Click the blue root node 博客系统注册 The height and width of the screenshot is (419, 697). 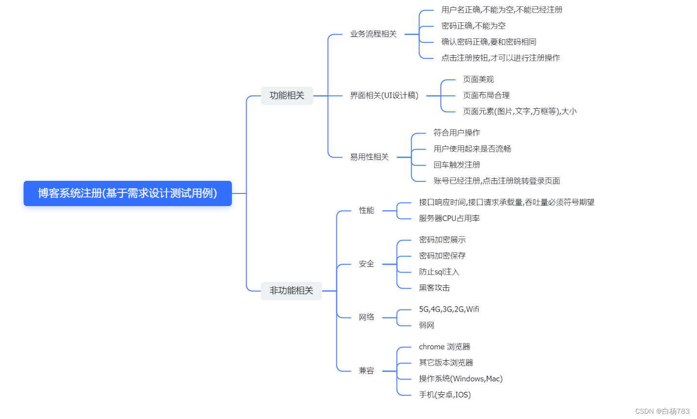[x=128, y=193]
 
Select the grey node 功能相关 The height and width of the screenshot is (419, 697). [x=287, y=96]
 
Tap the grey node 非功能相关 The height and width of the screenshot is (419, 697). [x=291, y=291]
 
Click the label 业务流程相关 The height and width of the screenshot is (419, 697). [x=373, y=34]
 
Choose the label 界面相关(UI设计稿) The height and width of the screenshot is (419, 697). [x=384, y=96]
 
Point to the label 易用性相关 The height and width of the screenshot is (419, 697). [x=369, y=157]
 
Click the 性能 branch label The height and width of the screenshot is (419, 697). [x=366, y=210]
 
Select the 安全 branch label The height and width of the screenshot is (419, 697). [x=366, y=264]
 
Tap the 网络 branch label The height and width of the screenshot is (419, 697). [x=366, y=317]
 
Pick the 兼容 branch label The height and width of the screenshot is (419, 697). [x=366, y=371]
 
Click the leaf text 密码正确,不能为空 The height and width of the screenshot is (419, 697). [x=473, y=26]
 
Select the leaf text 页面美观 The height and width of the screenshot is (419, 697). [x=478, y=80]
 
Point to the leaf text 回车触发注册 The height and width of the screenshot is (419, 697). [x=457, y=165]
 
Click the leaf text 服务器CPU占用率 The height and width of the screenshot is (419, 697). [x=449, y=219]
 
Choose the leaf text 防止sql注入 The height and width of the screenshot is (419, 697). [x=439, y=272]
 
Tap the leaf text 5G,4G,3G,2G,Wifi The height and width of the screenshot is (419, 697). [x=449, y=310]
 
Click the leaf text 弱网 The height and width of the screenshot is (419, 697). [x=427, y=326]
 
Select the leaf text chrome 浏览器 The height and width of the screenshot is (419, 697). [x=445, y=347]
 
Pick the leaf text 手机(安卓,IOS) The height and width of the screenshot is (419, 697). [x=445, y=395]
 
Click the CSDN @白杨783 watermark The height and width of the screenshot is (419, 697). [x=662, y=411]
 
